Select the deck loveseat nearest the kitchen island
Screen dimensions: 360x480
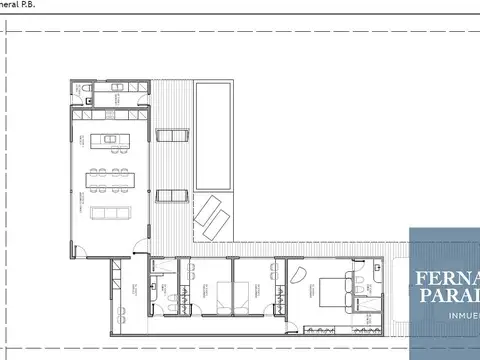coord(173,136)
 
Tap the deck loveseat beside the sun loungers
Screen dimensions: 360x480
coord(173,194)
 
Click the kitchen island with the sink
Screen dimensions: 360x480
coord(112,140)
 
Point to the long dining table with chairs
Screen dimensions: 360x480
coord(112,177)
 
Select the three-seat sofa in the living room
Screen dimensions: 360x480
coord(111,212)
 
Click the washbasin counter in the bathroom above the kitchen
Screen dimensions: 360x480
coord(119,89)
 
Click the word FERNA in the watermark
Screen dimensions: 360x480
coord(444,276)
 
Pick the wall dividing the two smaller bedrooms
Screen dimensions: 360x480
coord(232,290)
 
